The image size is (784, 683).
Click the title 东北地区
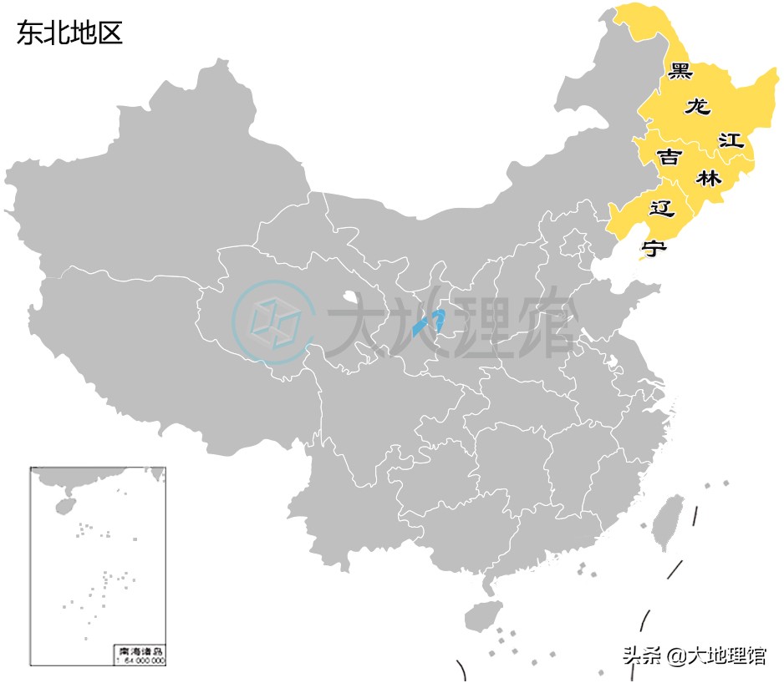(69, 33)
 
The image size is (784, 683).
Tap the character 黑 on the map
(680, 71)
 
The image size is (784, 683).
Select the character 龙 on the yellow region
(697, 107)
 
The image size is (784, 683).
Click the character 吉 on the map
(668, 157)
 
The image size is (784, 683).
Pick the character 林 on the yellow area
(708, 178)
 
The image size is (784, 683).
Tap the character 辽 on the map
(661, 208)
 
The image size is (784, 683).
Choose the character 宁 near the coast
(654, 247)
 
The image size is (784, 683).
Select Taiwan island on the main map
(669, 523)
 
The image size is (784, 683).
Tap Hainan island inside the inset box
(62, 506)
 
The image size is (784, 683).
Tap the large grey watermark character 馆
(542, 321)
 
